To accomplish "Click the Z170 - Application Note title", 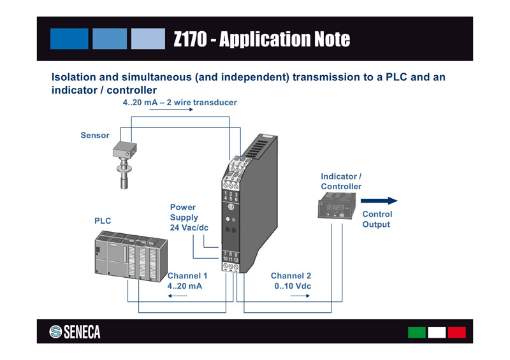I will pyautogui.click(x=261, y=40).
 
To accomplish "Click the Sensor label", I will pyautogui.click(x=95, y=135).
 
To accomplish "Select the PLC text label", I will pyautogui.click(x=103, y=220).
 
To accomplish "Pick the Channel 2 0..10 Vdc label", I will pyautogui.click(x=291, y=281).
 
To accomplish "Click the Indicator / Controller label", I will pyautogui.click(x=341, y=181).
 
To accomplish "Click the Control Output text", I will pyautogui.click(x=377, y=219).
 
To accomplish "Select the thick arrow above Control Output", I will pyautogui.click(x=379, y=201).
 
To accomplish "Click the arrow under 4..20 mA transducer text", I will pyautogui.click(x=171, y=110).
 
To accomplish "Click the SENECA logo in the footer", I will pyautogui.click(x=75, y=332).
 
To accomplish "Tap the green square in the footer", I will pyautogui.click(x=417, y=332).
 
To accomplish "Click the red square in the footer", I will pyautogui.click(x=456, y=332).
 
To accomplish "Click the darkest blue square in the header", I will pyautogui.click(x=69, y=38).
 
